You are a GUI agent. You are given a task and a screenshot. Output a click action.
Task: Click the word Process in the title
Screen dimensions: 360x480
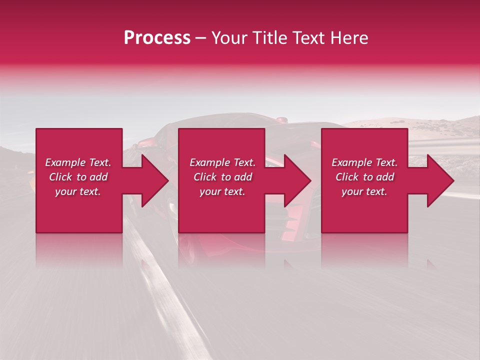click(x=157, y=38)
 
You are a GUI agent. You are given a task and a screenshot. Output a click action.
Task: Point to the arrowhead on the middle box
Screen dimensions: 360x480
click(x=296, y=180)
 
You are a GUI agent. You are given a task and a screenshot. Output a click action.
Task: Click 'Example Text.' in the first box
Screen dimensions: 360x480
click(x=78, y=162)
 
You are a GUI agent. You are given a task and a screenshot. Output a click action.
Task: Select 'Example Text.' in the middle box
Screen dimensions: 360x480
click(x=222, y=162)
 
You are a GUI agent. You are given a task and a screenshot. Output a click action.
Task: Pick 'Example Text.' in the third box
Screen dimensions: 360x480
click(x=364, y=162)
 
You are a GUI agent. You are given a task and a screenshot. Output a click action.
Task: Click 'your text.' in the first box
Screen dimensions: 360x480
click(x=78, y=191)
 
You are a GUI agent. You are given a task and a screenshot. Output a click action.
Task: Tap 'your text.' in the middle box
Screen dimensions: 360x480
click(x=222, y=191)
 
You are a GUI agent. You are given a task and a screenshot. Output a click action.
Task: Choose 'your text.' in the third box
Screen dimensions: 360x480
click(x=364, y=191)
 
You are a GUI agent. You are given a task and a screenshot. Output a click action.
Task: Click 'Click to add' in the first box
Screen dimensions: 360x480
click(x=78, y=177)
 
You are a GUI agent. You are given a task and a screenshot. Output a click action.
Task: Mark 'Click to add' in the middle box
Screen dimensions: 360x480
click(x=222, y=177)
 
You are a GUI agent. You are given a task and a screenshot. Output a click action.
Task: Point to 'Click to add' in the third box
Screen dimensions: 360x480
click(x=364, y=177)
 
